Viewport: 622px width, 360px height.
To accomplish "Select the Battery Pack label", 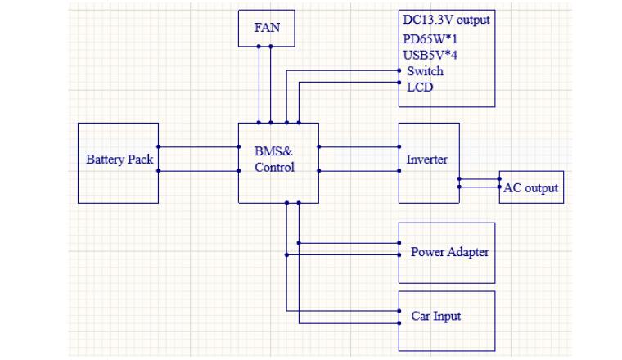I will [119, 160].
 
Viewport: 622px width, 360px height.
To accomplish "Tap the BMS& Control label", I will [274, 160].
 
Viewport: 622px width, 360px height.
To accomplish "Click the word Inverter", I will [426, 160].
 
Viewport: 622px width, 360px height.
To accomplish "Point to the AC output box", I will [530, 187].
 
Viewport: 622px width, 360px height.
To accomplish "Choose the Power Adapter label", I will [449, 252].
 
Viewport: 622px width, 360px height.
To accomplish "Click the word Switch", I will [425, 71].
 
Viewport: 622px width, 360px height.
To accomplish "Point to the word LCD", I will [420, 87].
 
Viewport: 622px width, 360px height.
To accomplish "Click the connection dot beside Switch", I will [399, 71].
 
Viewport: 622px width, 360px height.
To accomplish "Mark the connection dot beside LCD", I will [399, 83].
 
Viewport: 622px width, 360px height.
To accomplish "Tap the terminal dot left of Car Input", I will [399, 311].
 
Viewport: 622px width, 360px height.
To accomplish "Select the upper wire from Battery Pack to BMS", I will [198, 147].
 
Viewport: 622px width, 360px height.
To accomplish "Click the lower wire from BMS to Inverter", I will [358, 171].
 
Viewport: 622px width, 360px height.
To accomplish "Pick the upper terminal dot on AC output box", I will [499, 178].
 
